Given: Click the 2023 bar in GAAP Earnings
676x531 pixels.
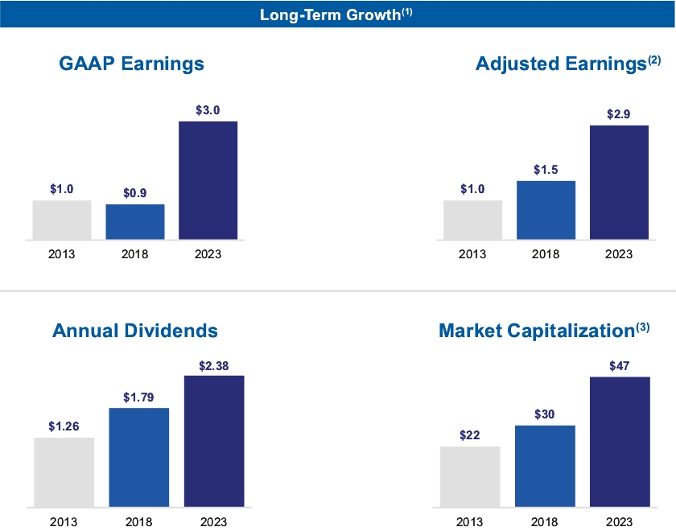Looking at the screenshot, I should (x=208, y=180).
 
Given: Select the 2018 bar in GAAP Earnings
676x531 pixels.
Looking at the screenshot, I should (x=135, y=222).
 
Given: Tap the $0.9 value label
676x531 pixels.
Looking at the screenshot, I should (x=135, y=194).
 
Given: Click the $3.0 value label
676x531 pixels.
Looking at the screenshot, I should (x=208, y=110).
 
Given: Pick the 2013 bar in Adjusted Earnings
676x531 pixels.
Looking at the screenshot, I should (x=472, y=220).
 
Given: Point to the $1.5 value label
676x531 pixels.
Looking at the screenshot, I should (x=546, y=170).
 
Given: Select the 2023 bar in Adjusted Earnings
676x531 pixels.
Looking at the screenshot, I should (x=619, y=183).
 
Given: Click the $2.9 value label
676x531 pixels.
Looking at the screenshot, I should (x=619, y=114).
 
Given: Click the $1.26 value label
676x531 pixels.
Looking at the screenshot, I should (x=64, y=426).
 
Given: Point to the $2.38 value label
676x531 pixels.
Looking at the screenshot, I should (x=214, y=365).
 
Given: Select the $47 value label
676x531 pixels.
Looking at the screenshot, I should (x=619, y=366).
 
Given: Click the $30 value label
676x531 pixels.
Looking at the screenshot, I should (x=545, y=414).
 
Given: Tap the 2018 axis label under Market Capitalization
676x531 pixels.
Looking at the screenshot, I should (x=545, y=522).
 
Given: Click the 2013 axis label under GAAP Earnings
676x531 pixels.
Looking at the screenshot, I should (x=62, y=254).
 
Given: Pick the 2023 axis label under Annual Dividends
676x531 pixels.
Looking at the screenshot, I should (x=214, y=522).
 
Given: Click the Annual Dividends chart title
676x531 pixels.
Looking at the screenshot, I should (x=135, y=331).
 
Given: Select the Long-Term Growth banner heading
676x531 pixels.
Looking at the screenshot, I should (x=337, y=14).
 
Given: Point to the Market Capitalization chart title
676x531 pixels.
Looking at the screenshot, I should (x=544, y=331).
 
